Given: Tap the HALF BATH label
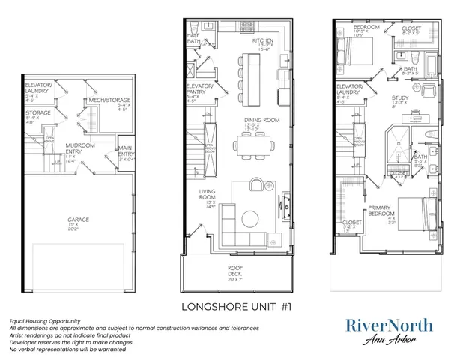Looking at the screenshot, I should [x=192, y=39].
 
